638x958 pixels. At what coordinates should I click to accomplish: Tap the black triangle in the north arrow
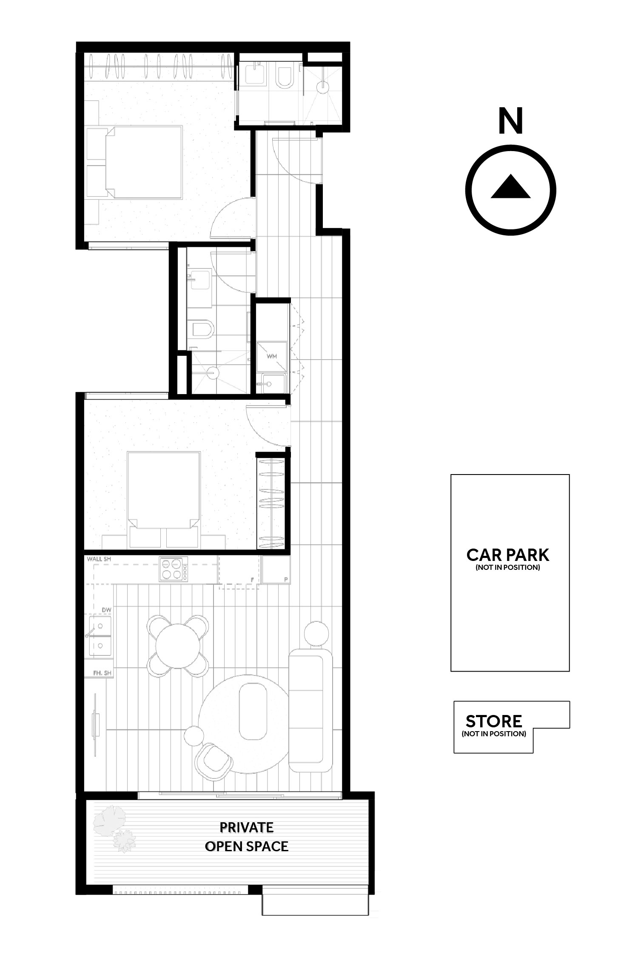point(510,187)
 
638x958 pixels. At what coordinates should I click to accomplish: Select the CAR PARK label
point(508,555)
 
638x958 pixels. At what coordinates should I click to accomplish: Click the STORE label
point(493,721)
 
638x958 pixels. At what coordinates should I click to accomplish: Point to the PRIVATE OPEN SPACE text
point(246,837)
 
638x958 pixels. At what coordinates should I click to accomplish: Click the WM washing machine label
point(272,356)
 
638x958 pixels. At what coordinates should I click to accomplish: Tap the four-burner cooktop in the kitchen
point(173,569)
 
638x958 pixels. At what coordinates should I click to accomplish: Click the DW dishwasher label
point(106,610)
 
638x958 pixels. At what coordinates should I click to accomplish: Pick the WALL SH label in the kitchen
point(99,559)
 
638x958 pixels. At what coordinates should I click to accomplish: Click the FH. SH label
point(102,673)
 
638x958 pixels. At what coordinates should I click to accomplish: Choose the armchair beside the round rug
point(213,759)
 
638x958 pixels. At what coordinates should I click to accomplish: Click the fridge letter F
point(253,580)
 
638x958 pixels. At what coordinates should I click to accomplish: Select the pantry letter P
point(286,580)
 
